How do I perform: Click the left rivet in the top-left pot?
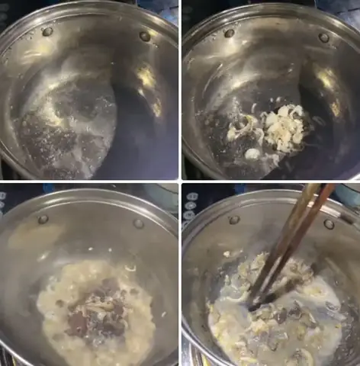tap(47, 31)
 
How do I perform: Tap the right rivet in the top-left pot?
tap(144, 36)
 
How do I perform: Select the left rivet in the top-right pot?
tap(229, 33)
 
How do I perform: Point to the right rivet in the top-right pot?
tap(324, 37)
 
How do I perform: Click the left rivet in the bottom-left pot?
tap(43, 219)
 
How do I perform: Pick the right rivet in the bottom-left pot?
tap(139, 223)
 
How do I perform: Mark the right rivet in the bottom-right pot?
tap(329, 223)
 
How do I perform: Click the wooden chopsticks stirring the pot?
tap(294, 236)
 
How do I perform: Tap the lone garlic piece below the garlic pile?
tap(252, 154)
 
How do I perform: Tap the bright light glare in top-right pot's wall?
tap(328, 80)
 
